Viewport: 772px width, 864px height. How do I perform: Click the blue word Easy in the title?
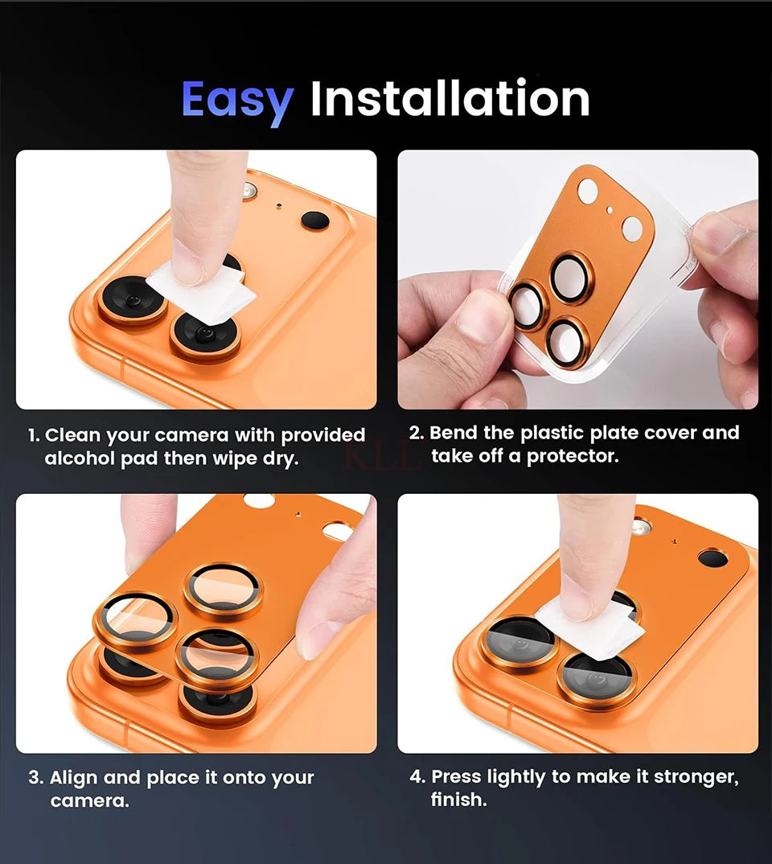(237, 101)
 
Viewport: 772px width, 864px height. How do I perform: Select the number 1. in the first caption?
(34, 436)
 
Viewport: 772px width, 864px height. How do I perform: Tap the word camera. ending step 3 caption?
(89, 801)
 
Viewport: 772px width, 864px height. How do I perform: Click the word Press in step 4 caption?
(456, 777)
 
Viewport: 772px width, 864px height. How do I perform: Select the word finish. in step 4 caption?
(458, 800)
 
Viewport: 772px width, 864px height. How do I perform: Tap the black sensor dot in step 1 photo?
(315, 220)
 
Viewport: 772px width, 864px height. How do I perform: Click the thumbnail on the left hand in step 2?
(483, 315)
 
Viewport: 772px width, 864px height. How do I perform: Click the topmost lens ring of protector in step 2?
(572, 278)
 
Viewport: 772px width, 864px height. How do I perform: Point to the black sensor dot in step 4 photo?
(712, 558)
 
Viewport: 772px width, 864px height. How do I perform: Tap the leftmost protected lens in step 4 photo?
(519, 641)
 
